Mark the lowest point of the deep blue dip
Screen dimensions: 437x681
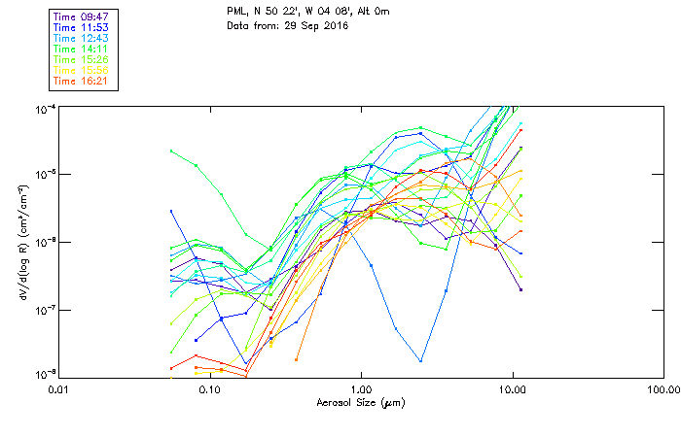(x=421, y=361)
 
